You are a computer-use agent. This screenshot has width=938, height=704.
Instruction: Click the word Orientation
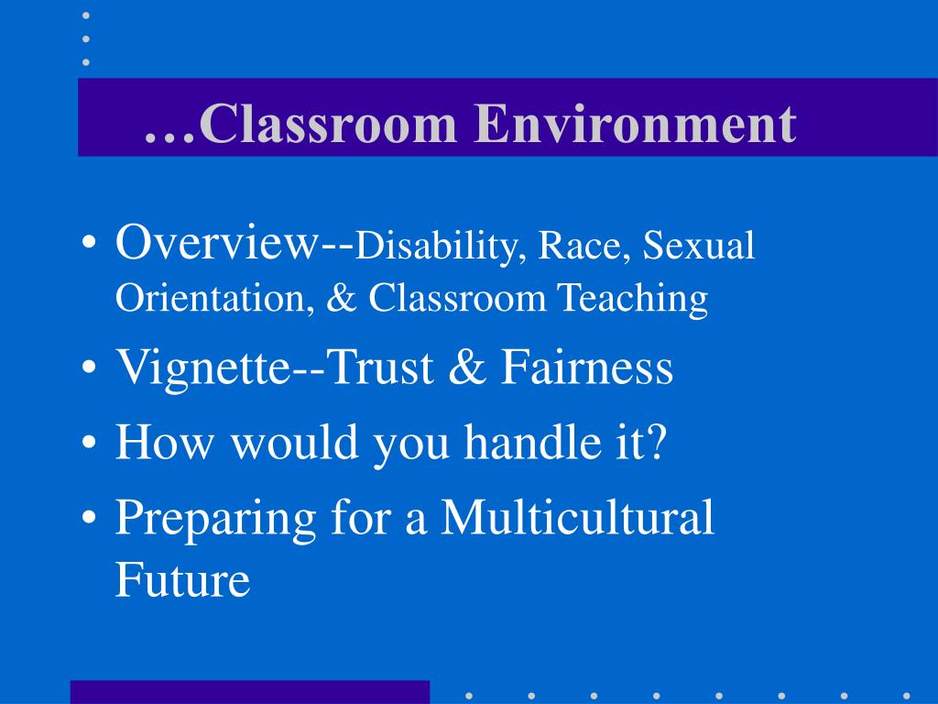click(x=212, y=298)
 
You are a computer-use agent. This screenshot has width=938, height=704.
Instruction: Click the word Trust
click(x=383, y=368)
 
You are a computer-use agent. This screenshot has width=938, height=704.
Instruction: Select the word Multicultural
click(x=578, y=517)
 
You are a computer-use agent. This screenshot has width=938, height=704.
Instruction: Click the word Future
click(x=182, y=579)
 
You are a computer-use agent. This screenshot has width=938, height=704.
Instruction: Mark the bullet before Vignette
click(x=89, y=370)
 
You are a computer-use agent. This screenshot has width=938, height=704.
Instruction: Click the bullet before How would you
click(x=89, y=445)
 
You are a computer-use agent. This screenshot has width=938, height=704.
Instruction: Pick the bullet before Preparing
click(x=89, y=519)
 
